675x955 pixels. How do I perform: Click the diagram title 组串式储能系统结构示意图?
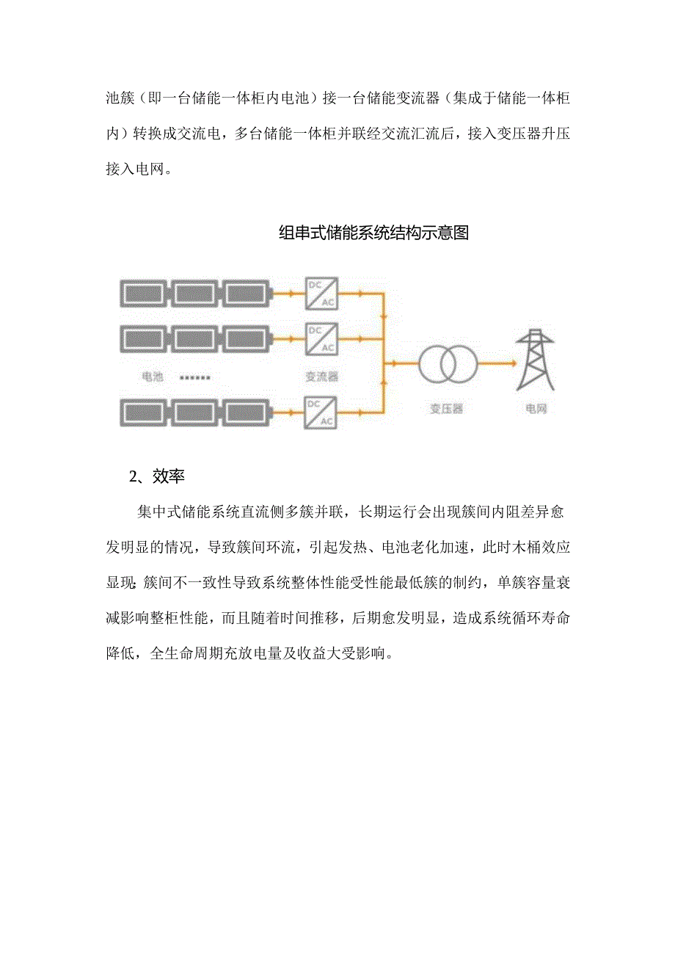point(373,233)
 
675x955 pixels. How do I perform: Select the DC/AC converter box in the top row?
point(321,293)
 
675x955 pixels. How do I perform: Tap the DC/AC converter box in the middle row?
point(321,338)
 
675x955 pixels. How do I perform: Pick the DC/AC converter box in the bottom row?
point(321,412)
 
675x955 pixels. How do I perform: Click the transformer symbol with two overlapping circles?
point(448,362)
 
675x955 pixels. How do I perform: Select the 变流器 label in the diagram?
point(321,377)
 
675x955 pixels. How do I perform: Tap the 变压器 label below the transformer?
point(447,408)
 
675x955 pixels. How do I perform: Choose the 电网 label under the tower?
point(536,408)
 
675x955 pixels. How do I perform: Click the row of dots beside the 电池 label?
point(195,377)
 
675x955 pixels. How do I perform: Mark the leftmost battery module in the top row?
point(143,294)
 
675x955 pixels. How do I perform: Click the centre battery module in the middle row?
point(196,339)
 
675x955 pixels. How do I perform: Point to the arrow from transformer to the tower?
point(499,362)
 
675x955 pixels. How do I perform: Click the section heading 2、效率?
point(157,476)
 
